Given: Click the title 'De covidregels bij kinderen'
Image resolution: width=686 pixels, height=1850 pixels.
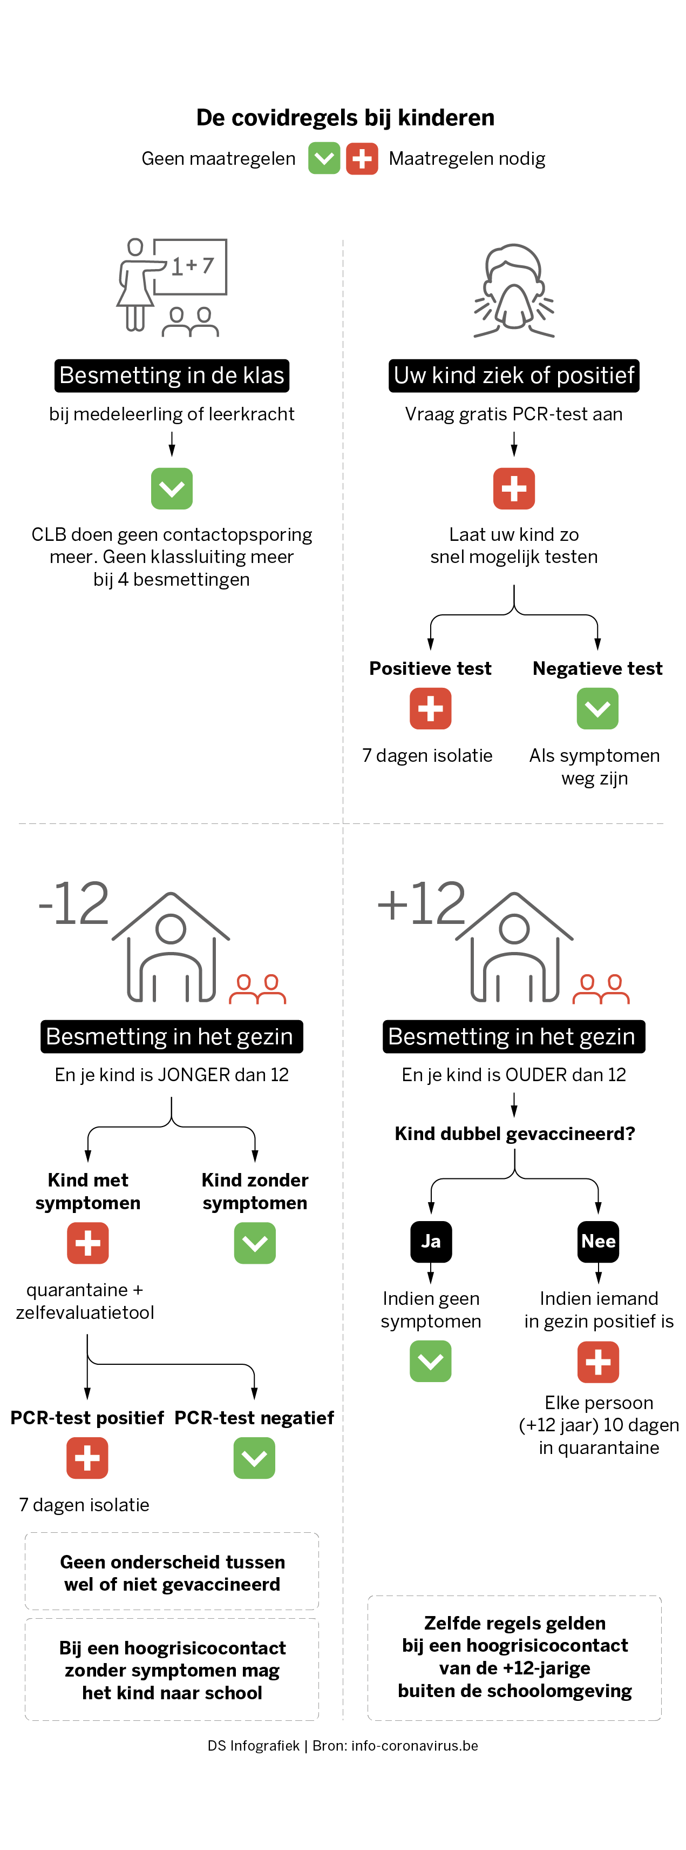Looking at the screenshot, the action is [345, 117].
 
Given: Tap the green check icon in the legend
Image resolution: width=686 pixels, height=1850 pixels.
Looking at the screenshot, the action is [324, 158].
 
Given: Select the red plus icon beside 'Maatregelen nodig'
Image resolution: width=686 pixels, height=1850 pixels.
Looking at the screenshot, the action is [362, 158].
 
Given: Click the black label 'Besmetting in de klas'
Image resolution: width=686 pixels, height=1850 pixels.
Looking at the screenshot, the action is [172, 376].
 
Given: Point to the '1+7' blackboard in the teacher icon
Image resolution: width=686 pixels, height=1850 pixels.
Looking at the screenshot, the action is [189, 266].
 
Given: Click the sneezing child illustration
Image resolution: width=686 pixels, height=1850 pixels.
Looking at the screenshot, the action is [514, 290].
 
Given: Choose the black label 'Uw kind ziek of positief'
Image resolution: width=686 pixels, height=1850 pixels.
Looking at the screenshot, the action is [514, 376].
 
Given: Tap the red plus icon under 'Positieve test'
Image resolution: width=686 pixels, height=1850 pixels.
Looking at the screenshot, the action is [431, 708].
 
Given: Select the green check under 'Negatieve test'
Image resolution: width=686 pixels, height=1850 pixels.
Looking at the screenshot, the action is [597, 708].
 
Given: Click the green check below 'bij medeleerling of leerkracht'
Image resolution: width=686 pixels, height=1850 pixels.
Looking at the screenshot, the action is [172, 488].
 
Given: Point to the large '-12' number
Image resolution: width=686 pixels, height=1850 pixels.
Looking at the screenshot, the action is [74, 903].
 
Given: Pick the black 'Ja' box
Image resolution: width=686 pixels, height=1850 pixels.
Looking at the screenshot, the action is [431, 1242].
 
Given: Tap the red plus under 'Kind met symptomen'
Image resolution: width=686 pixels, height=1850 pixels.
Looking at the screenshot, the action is [87, 1243].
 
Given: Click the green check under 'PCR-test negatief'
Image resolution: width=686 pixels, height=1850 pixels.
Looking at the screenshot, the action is [254, 1458].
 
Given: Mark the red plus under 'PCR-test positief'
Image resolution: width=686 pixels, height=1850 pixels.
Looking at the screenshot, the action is [87, 1458].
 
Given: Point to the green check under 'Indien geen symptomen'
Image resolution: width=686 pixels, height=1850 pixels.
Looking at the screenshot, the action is [431, 1362].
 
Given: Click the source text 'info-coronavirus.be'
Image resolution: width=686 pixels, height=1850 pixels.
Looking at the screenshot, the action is [415, 1746].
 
